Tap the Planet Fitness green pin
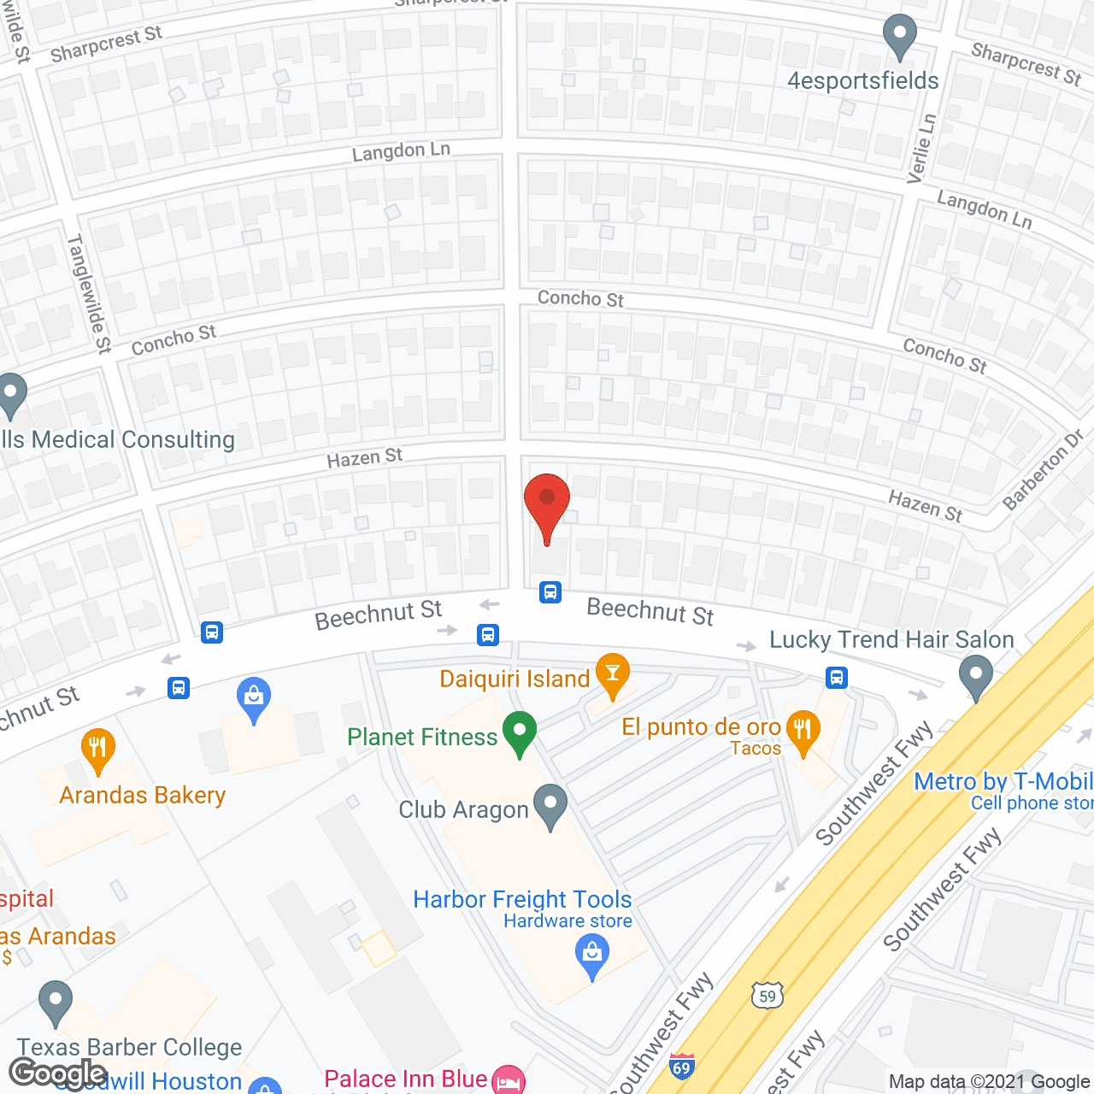click(519, 732)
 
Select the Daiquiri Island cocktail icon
click(612, 673)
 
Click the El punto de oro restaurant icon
click(803, 731)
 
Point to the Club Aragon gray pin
click(550, 805)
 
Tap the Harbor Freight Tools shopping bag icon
click(592, 953)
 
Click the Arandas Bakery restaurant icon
click(98, 748)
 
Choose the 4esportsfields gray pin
click(899, 36)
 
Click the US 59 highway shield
click(768, 995)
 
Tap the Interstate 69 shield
click(681, 1068)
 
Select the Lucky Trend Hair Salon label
click(891, 639)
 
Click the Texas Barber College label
click(130, 1047)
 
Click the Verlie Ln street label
click(921, 149)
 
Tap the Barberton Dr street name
click(1043, 470)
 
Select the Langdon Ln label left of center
click(401, 152)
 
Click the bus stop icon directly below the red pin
click(550, 591)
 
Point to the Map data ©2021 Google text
click(989, 1082)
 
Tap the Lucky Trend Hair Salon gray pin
click(975, 675)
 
